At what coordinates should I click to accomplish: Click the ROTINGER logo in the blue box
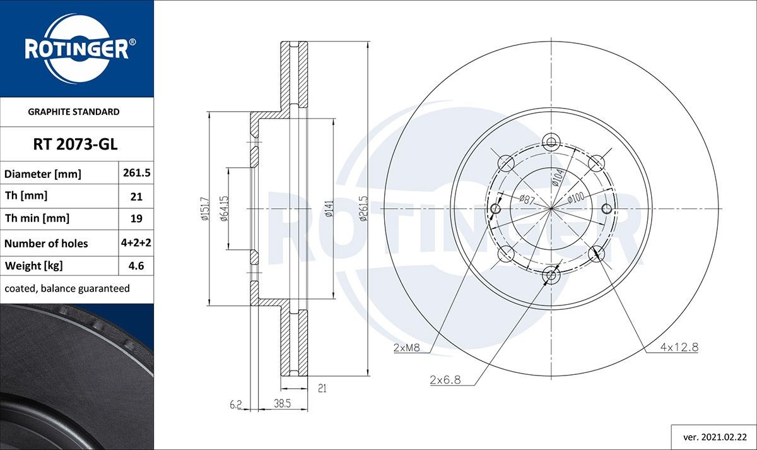76,49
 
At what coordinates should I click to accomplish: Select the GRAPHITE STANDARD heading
74,112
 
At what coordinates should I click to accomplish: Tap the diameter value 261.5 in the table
136,173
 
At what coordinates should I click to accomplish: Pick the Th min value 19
136,219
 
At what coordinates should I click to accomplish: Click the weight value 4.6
136,266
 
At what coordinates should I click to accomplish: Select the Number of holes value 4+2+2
136,243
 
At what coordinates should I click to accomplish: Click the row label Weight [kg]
33,266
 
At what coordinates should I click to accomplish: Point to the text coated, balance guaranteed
67,288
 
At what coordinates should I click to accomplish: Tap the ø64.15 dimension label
224,209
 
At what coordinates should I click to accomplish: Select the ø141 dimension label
329,209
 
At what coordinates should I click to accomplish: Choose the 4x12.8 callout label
679,348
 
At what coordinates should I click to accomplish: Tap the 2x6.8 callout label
445,380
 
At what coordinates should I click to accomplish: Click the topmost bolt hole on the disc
551,141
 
